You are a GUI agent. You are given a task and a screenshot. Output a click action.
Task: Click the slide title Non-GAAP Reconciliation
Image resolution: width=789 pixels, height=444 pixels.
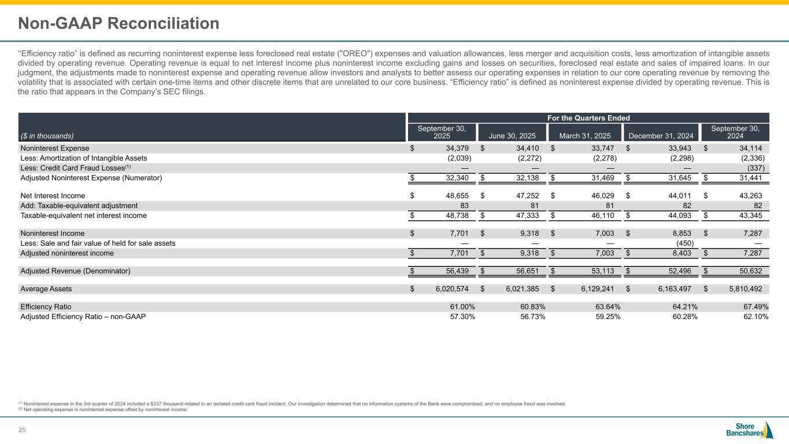[118, 24]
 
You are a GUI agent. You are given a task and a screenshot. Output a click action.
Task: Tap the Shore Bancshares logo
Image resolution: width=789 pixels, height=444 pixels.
[749, 430]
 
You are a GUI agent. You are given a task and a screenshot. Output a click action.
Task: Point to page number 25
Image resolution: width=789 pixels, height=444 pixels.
[23, 430]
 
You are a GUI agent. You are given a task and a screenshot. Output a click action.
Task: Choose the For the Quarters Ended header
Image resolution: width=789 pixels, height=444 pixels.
[589, 117]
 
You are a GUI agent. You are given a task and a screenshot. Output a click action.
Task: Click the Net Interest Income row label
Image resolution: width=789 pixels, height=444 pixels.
[53, 196]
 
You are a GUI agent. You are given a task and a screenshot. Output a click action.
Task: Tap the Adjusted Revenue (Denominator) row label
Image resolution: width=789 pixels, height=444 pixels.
[75, 271]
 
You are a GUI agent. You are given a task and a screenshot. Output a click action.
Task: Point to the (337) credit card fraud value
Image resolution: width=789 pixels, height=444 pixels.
[757, 168]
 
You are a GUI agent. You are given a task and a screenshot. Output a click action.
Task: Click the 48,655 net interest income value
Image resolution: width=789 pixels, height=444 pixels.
[454, 196]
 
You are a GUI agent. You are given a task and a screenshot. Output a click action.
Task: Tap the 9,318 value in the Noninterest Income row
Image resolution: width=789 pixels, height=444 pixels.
[527, 234]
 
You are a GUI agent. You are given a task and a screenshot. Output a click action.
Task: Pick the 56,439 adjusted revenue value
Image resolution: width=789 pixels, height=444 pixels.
[454, 271]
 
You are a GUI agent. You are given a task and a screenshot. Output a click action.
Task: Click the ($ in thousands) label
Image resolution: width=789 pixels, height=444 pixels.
[47, 136]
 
